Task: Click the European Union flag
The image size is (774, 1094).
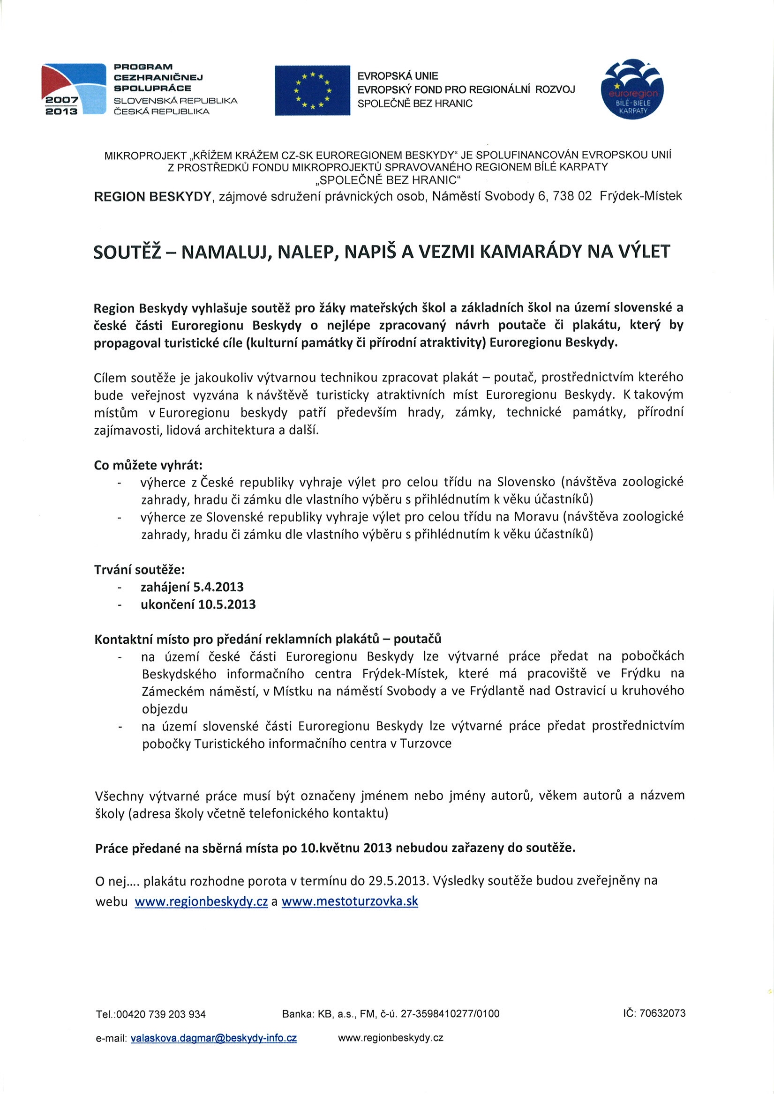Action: pos(312,90)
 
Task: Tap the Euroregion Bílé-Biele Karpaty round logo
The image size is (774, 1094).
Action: pos(632,89)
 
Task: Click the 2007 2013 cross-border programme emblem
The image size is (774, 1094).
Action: pos(74,89)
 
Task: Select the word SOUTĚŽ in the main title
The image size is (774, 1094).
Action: pos(128,252)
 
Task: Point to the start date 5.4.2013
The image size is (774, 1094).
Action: pos(218,587)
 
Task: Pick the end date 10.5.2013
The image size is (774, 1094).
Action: pos(226,604)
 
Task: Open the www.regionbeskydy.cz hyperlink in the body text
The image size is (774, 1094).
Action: pos(201,901)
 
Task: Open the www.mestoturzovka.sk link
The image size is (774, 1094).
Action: pos(350,901)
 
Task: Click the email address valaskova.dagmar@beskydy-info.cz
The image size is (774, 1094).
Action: pos(214,1038)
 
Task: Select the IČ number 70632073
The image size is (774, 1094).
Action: pos(662,1013)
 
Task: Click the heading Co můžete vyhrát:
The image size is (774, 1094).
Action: pos(148,465)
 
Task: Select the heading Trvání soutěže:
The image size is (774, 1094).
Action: pos(139,569)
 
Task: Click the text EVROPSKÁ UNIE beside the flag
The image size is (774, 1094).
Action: pos(397,76)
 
